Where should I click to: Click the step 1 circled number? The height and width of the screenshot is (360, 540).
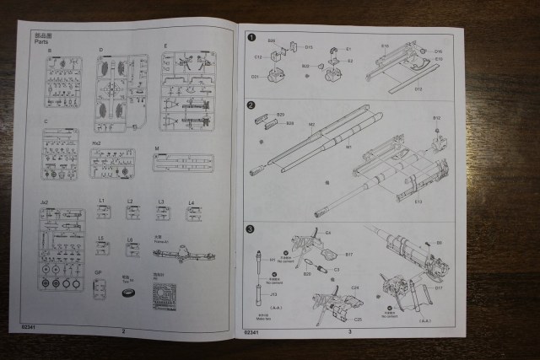pos(251,37)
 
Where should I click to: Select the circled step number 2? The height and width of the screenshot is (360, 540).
pos(251,105)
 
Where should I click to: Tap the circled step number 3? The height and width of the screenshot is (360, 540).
pos(251,228)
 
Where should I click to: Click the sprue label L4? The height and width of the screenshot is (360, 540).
pos(191,203)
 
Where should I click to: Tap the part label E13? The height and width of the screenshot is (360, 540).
pos(418,202)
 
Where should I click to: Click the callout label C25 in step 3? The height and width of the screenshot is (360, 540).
pos(358,320)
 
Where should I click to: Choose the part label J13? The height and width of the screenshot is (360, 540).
pos(274,294)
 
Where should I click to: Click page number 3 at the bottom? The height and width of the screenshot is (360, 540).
pos(349,332)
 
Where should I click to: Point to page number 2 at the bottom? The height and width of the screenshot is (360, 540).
pos(123,331)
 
